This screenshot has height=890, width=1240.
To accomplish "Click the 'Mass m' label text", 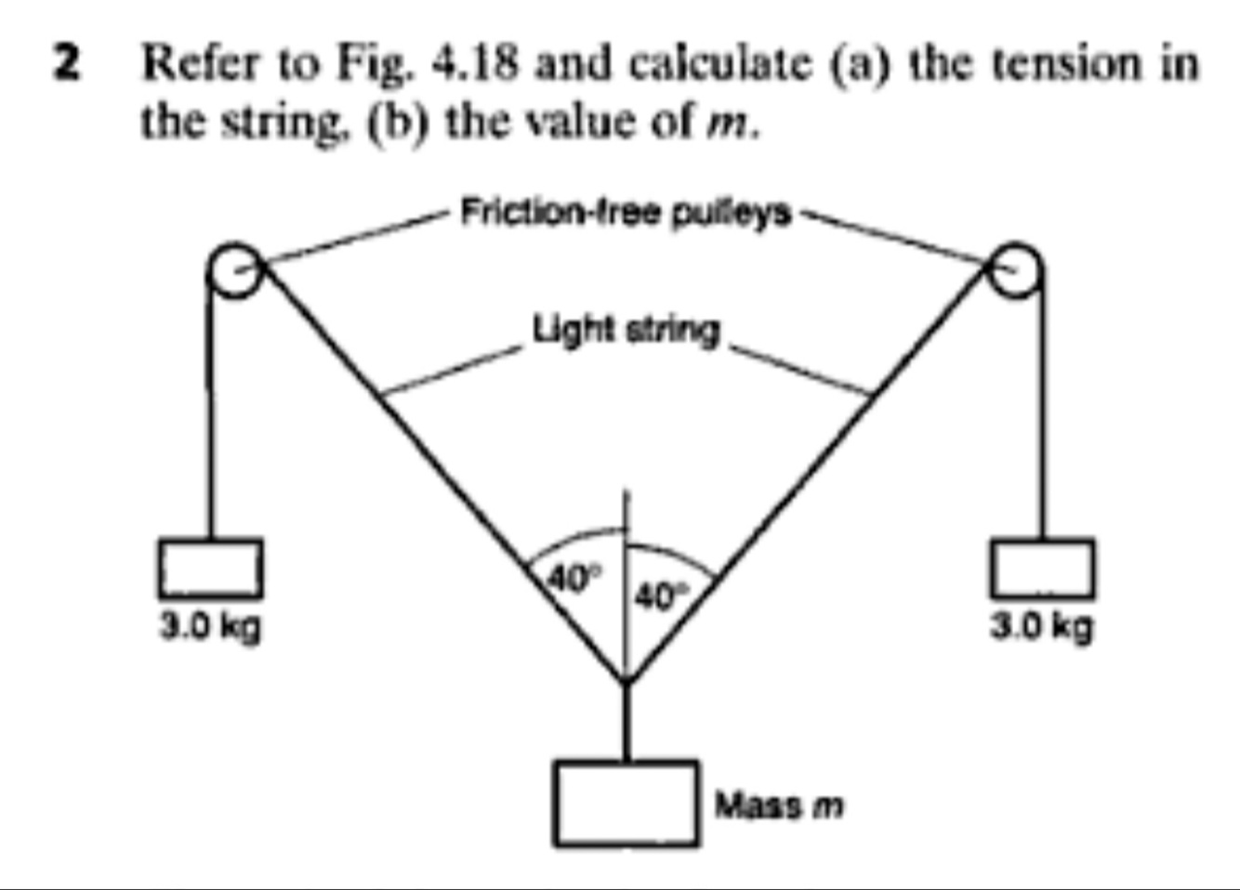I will coord(779,805).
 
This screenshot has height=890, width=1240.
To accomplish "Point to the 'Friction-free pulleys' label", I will coord(627,214).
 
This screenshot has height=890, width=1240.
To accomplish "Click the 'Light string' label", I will coord(627,330).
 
